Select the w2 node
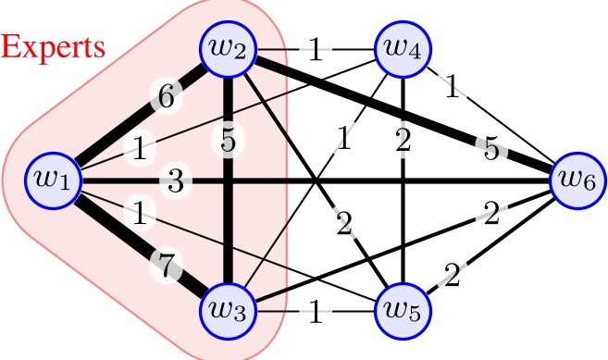229,48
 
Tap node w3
229,310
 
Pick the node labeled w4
401,48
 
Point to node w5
401,310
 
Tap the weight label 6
164,96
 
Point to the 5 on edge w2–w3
228,141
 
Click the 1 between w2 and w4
316,49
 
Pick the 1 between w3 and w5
316,312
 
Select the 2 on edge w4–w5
401,141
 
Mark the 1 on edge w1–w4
140,147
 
